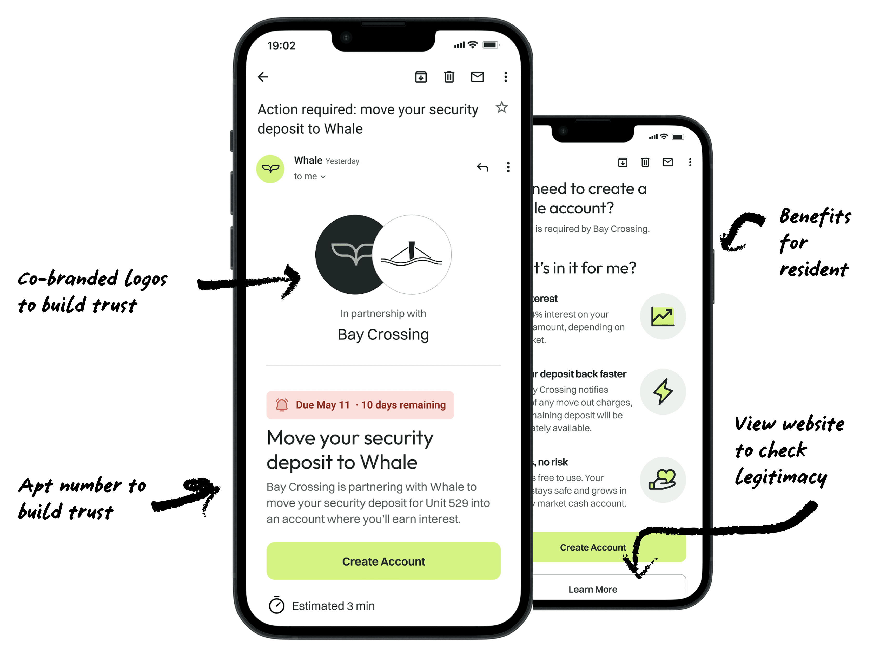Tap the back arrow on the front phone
263,77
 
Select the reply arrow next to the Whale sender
482,167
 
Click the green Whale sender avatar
270,169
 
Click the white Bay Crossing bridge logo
412,255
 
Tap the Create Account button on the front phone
383,561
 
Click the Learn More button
592,589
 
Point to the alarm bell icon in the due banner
282,405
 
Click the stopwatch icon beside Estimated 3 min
276,605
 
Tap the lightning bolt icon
662,392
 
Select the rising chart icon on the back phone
662,317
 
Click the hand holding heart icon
662,480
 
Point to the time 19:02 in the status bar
281,46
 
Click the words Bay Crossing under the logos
383,334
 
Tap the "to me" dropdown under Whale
309,176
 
